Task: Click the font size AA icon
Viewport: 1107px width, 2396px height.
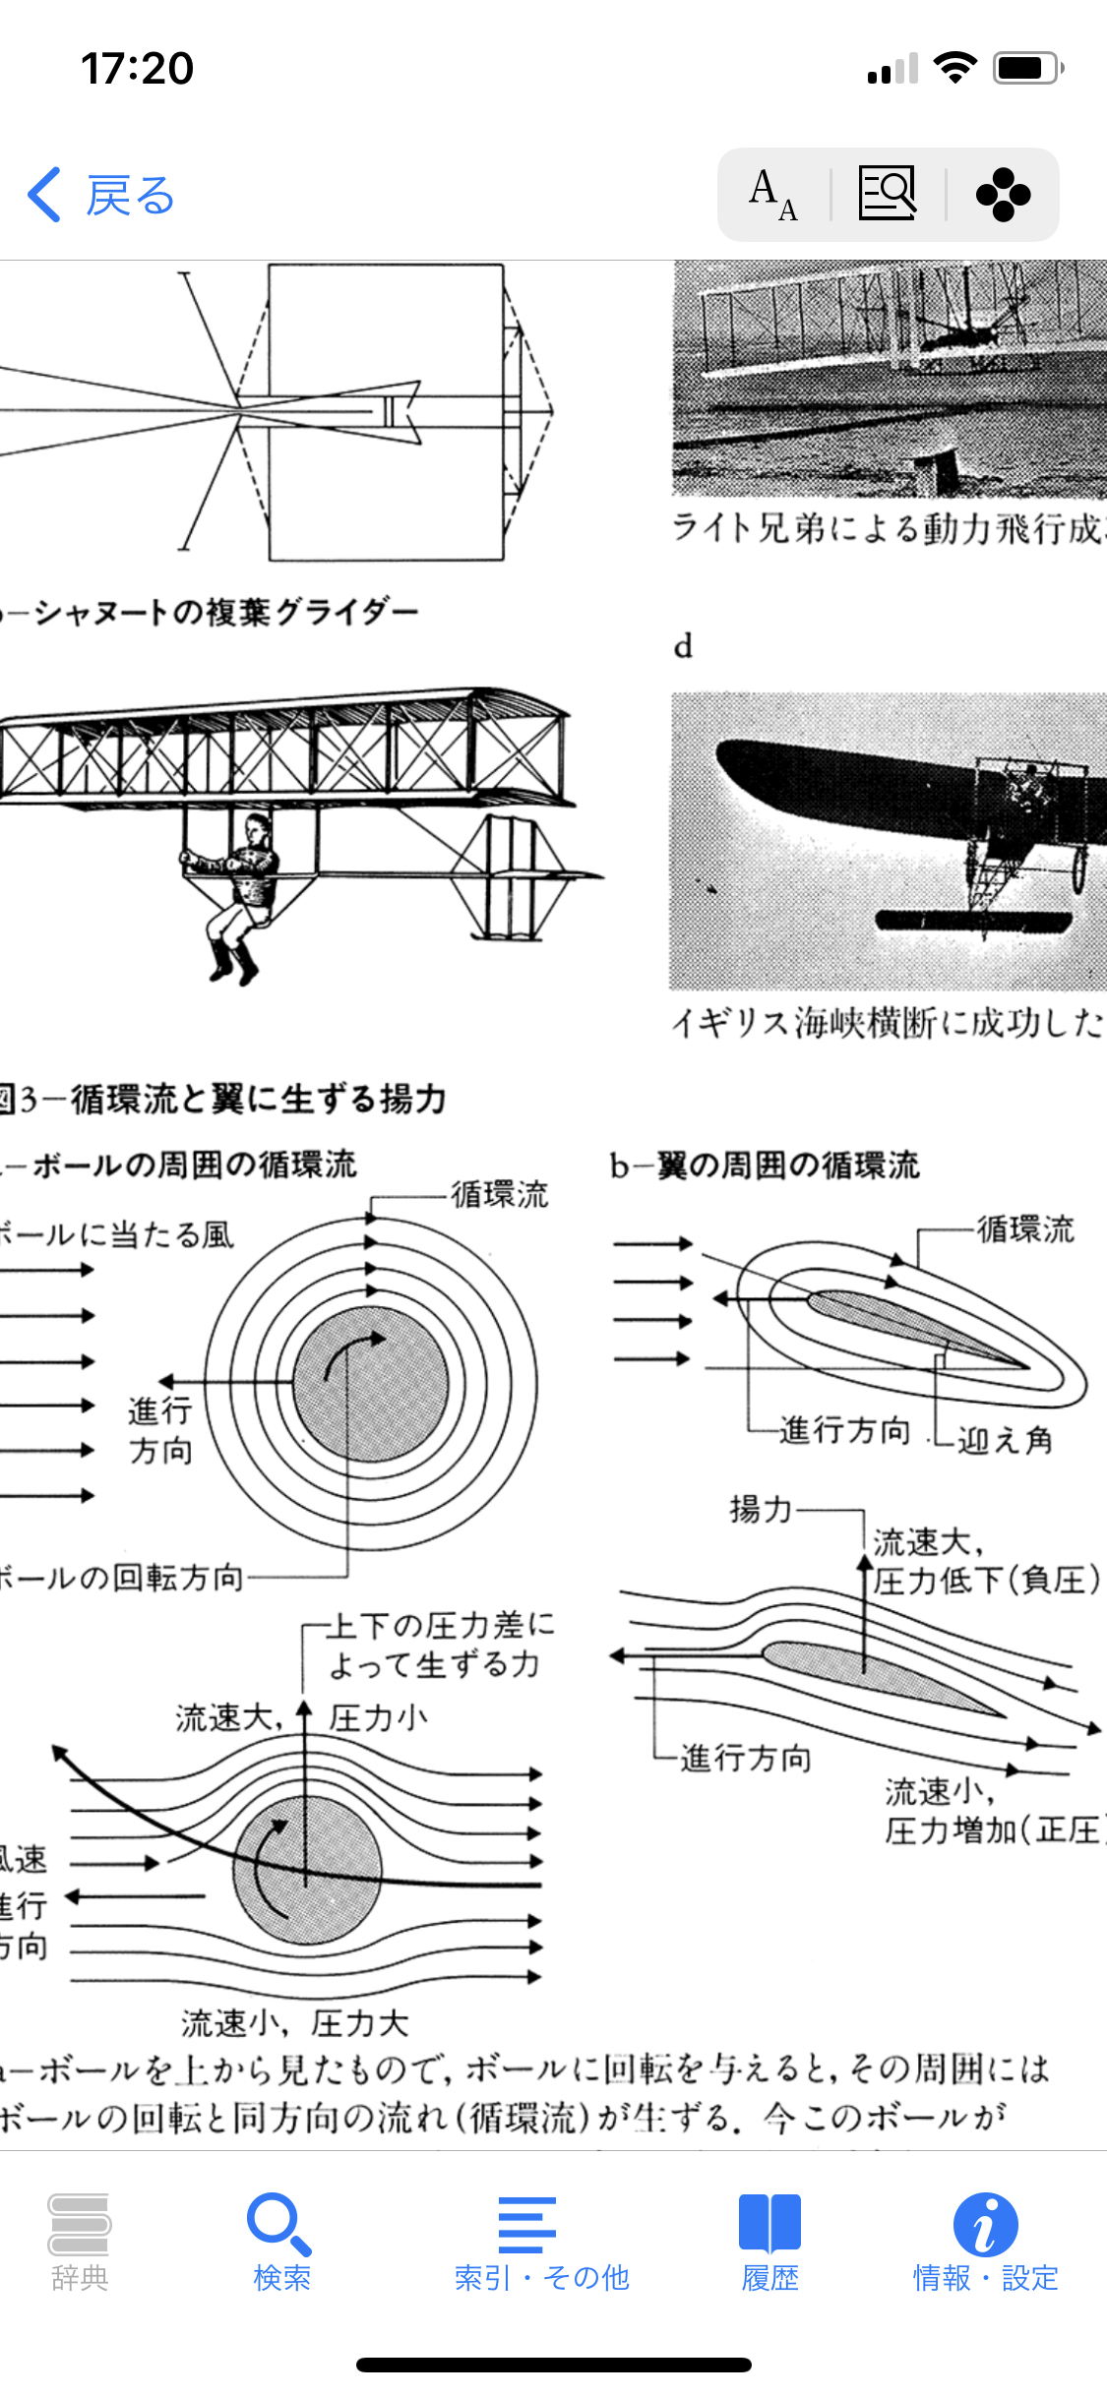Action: tap(773, 195)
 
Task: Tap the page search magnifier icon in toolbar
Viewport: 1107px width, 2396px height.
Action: tap(888, 193)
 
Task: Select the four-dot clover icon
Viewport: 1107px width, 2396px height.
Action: tap(1003, 195)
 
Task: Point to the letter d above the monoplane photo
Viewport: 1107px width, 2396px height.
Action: tap(683, 646)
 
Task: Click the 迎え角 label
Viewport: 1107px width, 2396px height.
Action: tap(1005, 1440)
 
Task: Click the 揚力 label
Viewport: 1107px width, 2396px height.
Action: tap(761, 1508)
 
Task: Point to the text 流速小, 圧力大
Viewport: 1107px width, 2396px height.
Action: tap(294, 2022)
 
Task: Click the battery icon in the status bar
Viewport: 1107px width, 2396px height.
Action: tap(1028, 68)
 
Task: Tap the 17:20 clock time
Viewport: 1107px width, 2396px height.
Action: tap(137, 69)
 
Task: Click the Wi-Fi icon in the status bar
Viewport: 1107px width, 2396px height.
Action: tap(954, 68)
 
